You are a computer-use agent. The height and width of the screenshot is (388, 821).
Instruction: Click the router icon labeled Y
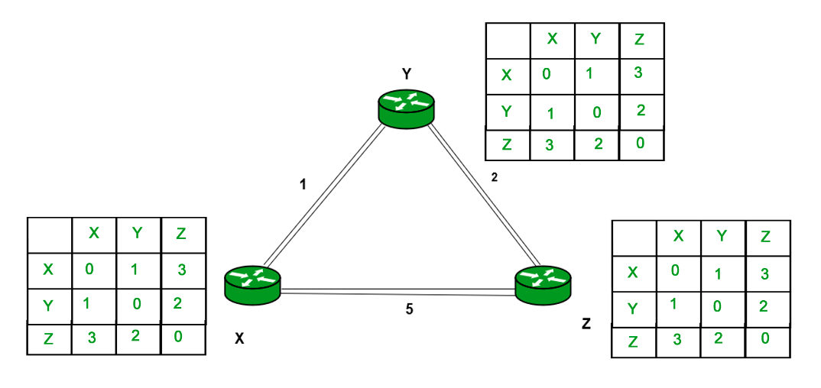(405, 107)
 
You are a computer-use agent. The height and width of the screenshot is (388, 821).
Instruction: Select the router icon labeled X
(252, 283)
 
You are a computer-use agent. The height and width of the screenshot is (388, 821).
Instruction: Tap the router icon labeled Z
(542, 283)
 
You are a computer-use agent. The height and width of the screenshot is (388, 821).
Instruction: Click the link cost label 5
(410, 309)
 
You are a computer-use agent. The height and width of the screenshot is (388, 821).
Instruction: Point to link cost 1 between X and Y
(303, 184)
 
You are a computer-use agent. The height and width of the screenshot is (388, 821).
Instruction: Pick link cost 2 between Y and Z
(494, 177)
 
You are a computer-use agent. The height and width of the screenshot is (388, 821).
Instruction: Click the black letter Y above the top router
(407, 74)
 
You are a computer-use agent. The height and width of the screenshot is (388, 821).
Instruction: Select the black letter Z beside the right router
(586, 324)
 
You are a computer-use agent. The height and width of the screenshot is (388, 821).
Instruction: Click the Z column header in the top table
(640, 38)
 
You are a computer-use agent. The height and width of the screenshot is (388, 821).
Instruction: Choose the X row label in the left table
(48, 269)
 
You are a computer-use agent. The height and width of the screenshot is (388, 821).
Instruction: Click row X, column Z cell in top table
(640, 73)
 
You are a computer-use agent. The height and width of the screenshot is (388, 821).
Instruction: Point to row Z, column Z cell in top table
(640, 143)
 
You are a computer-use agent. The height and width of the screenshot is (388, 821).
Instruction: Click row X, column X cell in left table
(92, 269)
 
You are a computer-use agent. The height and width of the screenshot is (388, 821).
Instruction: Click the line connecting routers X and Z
(398, 291)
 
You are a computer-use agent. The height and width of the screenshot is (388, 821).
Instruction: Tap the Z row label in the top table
(506, 144)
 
